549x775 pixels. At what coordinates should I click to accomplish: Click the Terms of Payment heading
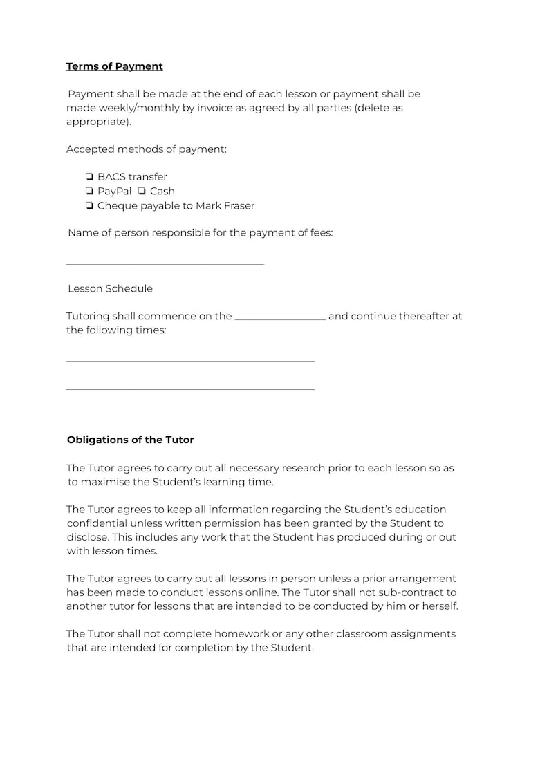(114, 66)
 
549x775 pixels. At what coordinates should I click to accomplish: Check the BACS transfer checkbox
(90, 177)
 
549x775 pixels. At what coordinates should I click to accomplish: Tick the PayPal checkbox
(90, 191)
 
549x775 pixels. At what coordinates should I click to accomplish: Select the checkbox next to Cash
(142, 191)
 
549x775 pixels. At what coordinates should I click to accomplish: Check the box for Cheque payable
(90, 205)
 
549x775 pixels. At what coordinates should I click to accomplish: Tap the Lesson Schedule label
(110, 288)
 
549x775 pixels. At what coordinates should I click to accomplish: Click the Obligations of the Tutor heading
(130, 440)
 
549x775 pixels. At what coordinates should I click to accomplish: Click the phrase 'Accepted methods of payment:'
(146, 149)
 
